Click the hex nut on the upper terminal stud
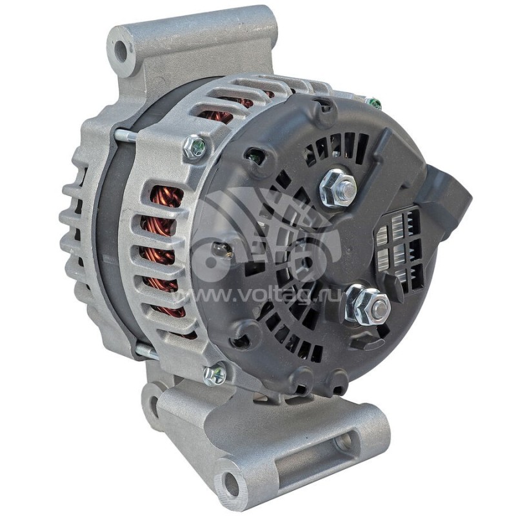click(337, 186)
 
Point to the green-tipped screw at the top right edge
click(373, 103)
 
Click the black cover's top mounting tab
click(322, 110)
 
